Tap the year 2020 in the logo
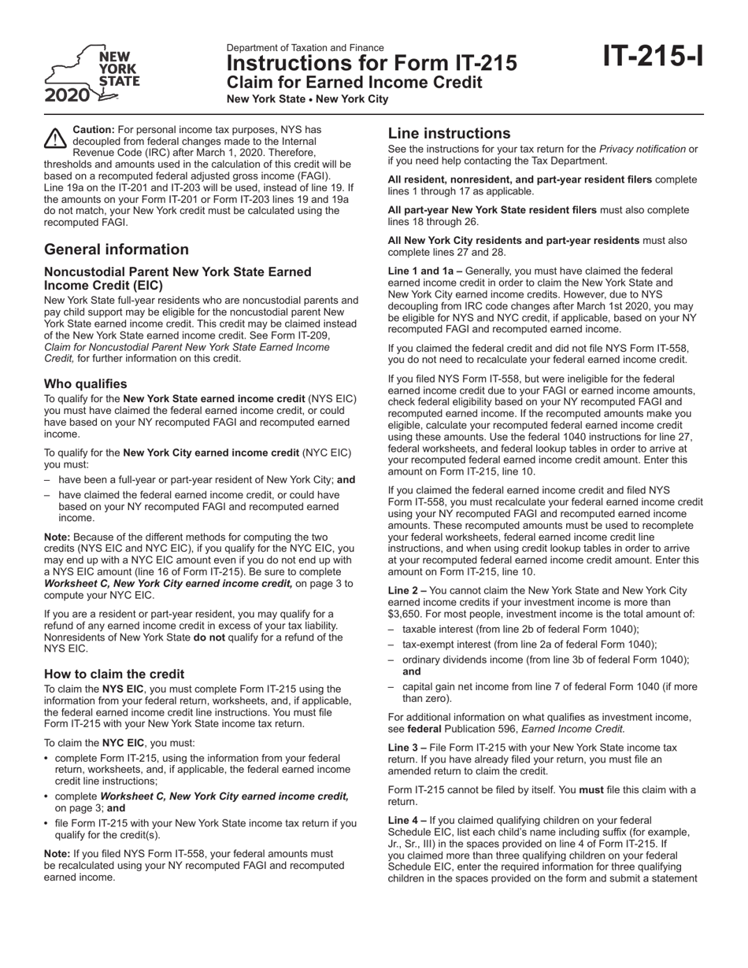[67, 97]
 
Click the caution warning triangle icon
[55, 139]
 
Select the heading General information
[117, 249]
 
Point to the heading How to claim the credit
[114, 674]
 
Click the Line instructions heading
[449, 133]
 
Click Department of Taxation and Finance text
[305, 48]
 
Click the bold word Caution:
[94, 129]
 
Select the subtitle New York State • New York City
[307, 99]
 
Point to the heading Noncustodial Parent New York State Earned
[178, 272]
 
